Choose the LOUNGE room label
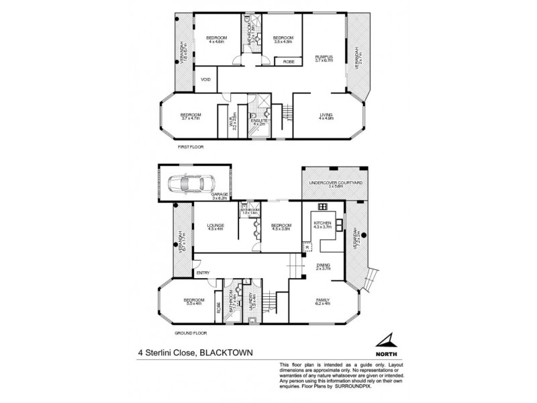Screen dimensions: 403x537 215,226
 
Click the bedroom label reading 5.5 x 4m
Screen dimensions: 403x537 194,301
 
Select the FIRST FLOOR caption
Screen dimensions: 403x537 190,146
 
